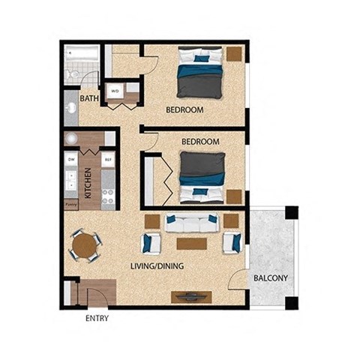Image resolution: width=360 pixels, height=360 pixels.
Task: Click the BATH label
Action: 89,97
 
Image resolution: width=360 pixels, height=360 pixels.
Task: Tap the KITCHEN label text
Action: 88,180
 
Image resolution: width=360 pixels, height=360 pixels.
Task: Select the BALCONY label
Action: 270,278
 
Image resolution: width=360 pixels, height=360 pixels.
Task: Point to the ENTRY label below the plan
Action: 97,319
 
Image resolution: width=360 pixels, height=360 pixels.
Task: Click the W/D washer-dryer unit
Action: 115,91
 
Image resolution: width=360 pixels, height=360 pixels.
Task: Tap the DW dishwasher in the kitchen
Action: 71,160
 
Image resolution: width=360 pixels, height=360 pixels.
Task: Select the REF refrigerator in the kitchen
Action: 107,160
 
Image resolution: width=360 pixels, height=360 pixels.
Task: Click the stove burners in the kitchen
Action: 107,196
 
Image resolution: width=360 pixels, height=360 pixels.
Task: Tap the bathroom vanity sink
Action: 71,108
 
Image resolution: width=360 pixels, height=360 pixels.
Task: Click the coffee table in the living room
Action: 190,243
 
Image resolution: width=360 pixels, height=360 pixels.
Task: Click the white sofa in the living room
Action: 191,223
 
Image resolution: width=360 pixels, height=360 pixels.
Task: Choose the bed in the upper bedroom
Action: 199,74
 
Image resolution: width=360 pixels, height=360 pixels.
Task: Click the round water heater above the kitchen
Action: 71,138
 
